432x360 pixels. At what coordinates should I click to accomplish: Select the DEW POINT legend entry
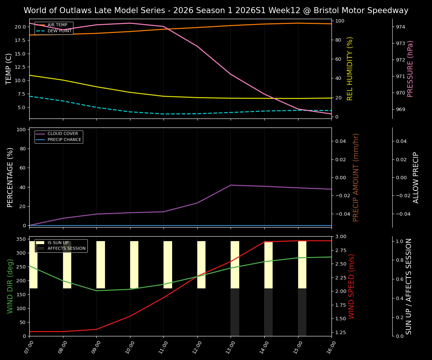click(59, 31)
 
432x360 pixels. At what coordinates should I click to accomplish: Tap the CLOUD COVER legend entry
click(63, 134)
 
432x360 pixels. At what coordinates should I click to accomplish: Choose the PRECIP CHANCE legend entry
click(64, 140)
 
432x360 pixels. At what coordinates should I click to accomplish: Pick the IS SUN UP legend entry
click(58, 243)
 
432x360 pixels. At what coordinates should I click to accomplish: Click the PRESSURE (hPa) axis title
click(410, 69)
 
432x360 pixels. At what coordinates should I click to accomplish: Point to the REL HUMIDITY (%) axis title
click(350, 69)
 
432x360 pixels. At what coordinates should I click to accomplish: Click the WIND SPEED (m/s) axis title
click(351, 286)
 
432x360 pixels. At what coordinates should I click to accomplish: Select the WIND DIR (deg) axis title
click(10, 286)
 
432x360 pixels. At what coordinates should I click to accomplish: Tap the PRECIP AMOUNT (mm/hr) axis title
click(356, 177)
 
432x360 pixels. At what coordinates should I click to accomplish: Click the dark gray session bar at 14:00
click(268, 312)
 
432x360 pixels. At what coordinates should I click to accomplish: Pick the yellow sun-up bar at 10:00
click(134, 265)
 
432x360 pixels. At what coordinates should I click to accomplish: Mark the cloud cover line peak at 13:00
click(231, 185)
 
